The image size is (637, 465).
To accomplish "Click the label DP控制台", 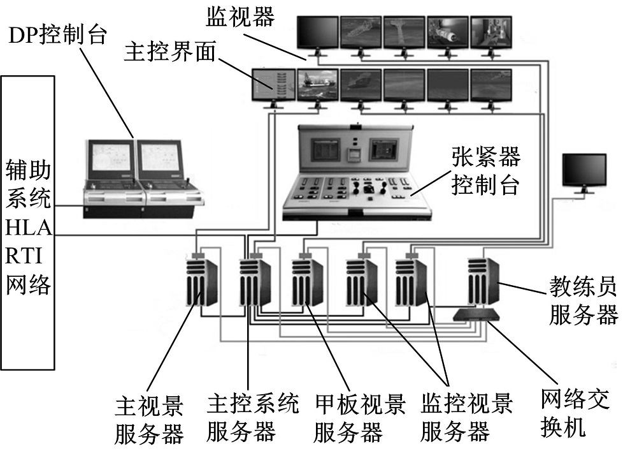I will (57, 35).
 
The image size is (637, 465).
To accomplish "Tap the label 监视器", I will (240, 17).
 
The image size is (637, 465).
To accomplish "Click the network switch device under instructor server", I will (478, 314).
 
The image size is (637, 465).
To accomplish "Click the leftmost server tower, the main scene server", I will (203, 283).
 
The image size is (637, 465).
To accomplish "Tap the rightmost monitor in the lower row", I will (491, 85).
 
